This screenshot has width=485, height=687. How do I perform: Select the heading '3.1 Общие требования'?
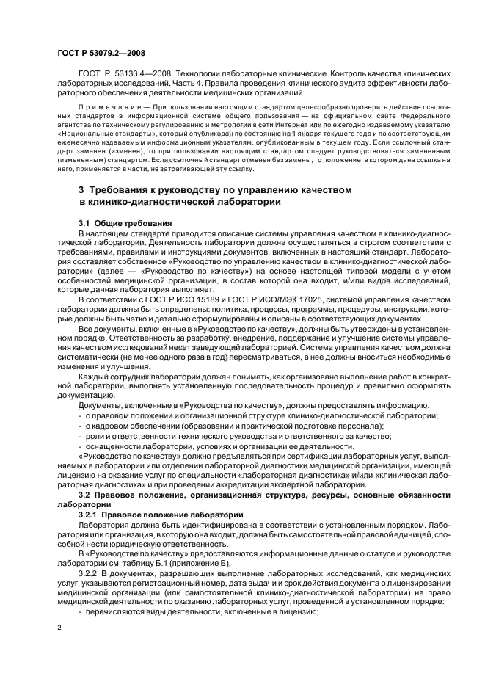[x=125, y=222]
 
